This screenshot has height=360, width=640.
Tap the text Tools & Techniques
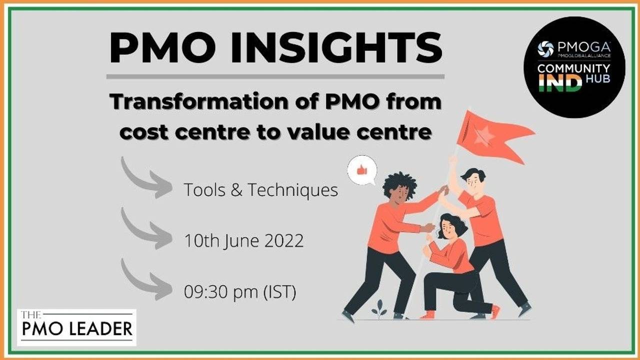click(260, 190)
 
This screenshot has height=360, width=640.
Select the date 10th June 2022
click(243, 241)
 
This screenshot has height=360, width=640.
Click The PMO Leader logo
click(76, 327)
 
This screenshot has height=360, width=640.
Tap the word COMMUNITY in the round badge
click(574, 68)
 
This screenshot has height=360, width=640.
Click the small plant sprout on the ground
click(379, 308)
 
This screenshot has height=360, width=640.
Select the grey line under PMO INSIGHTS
click(275, 76)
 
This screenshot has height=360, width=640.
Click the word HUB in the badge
click(600, 79)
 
